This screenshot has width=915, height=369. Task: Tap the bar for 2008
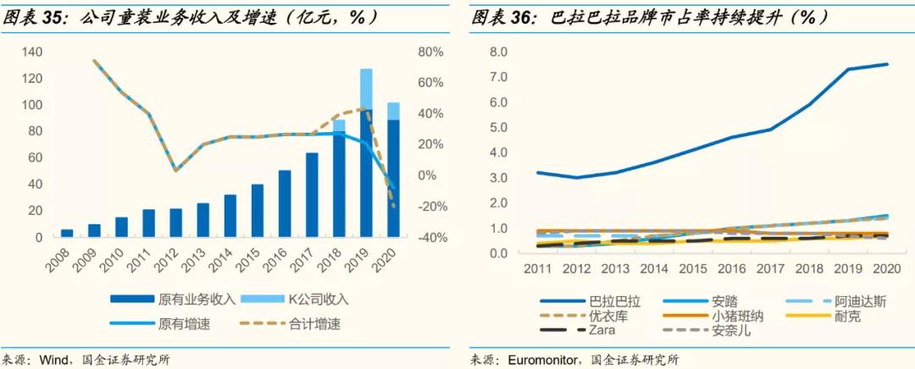click(67, 233)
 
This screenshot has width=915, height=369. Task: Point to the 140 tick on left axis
click(31, 52)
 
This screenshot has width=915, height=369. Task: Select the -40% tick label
click(430, 238)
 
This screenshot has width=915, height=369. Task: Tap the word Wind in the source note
click(54, 360)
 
